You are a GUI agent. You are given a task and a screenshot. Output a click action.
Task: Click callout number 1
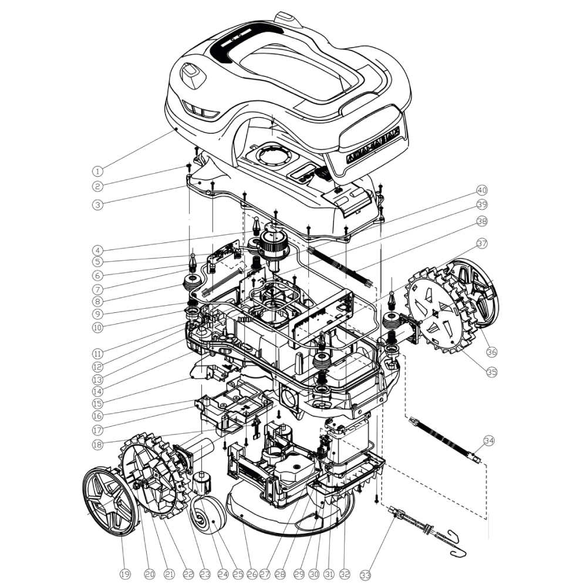point(98,172)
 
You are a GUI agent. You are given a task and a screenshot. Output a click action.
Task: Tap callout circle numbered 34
point(488,440)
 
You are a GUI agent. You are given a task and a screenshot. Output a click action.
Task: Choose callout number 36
point(492,352)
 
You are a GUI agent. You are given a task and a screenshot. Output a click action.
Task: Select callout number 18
point(98,445)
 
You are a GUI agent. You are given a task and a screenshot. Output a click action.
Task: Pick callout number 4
point(98,249)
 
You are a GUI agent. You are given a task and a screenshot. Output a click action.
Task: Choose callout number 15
point(98,404)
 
